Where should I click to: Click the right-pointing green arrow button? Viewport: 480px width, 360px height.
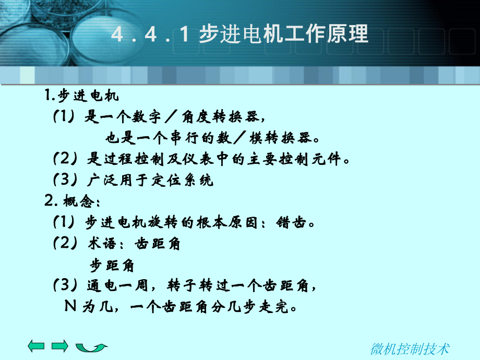click(x=60, y=346)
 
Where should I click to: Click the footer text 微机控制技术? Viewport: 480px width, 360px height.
click(x=410, y=349)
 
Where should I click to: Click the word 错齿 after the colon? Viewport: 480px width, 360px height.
click(x=294, y=223)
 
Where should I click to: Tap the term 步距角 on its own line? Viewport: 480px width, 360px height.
click(x=112, y=265)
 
